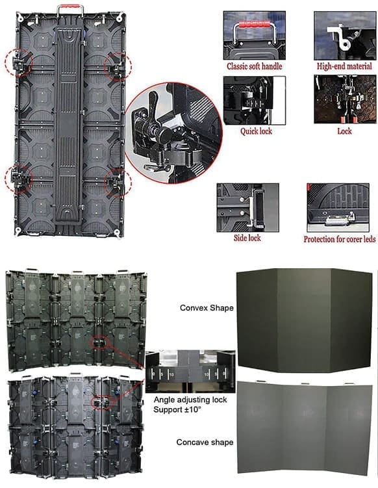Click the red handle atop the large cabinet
pyautogui.click(x=70, y=6)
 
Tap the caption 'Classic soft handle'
pyautogui.click(x=254, y=66)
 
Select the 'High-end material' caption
pyautogui.click(x=344, y=66)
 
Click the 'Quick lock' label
pyautogui.click(x=256, y=131)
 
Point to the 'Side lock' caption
pyautogui.click(x=247, y=238)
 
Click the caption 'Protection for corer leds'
pyautogui.click(x=340, y=239)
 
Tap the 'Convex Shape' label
pyautogui.click(x=207, y=308)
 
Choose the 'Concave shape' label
pyautogui.click(x=205, y=443)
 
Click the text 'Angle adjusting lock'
pyautogui.click(x=190, y=400)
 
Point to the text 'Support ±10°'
pyautogui.click(x=177, y=409)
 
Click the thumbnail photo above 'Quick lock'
pyautogui.click(x=254, y=100)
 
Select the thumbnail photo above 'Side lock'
pyautogui.click(x=247, y=207)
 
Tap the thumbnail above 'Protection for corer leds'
pyautogui.click(x=338, y=207)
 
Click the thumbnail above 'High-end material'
pyautogui.click(x=345, y=36)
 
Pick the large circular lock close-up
pyautogui.click(x=173, y=133)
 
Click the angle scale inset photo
pyautogui.click(x=190, y=371)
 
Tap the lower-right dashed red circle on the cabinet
pyautogui.click(x=118, y=183)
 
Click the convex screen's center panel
pyautogui.click(x=304, y=320)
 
